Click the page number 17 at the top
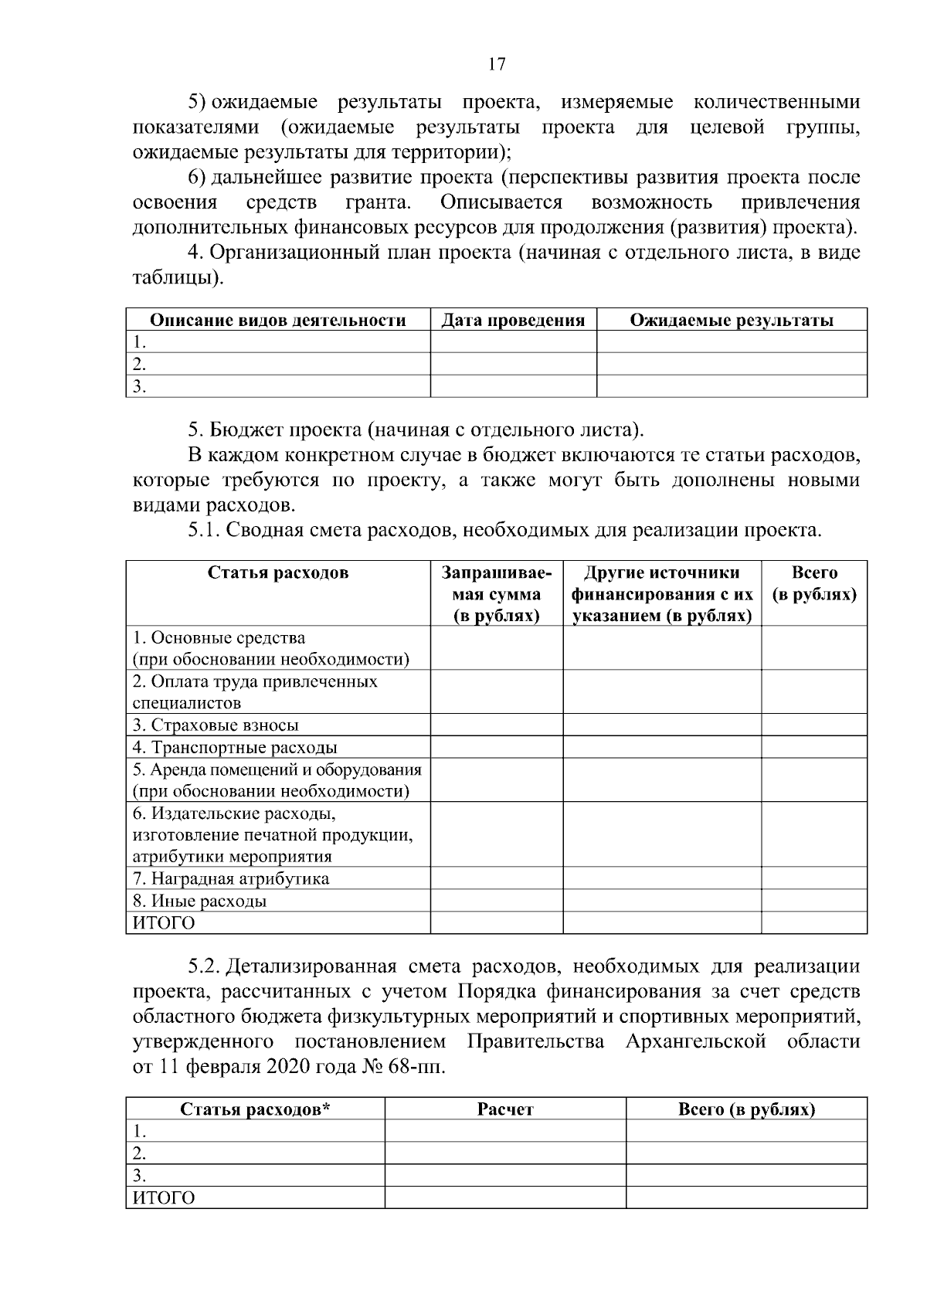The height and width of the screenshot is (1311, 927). pos(497,64)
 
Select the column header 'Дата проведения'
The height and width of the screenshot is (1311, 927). pos(513,320)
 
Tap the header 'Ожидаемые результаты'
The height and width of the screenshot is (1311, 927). pos(732,320)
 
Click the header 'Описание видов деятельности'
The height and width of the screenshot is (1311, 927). pos(277,320)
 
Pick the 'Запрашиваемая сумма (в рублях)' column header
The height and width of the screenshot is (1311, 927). pos(496,594)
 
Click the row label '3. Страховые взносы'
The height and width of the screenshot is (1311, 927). pos(216,725)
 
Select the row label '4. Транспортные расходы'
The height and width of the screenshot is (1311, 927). pos(235,747)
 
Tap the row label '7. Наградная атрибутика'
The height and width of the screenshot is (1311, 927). pos(231,878)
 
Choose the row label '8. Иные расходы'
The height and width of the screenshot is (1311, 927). pos(199,901)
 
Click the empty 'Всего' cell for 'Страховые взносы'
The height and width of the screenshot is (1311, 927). pos(813,725)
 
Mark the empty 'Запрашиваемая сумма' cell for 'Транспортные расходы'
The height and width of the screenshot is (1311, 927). pos(496,747)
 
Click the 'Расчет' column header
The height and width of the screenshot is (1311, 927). pos(505,1109)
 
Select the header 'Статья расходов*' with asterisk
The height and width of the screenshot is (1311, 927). pos(255,1109)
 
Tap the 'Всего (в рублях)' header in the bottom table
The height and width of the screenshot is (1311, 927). pos(746,1109)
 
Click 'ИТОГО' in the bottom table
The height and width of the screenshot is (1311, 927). pos(164,1198)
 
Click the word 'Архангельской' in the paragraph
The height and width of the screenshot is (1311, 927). pos(695,1041)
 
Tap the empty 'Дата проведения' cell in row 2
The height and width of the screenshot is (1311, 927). pos(513,364)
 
